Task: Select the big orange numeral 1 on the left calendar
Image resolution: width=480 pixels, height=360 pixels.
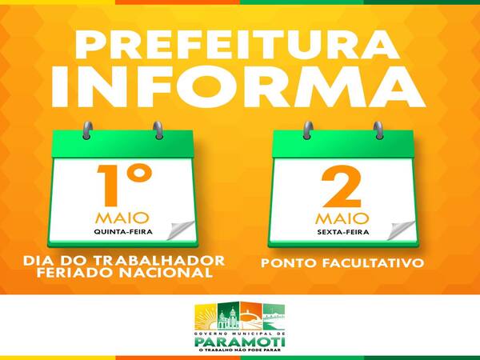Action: click(108, 186)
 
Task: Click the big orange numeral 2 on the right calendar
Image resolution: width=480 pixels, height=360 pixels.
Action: click(341, 186)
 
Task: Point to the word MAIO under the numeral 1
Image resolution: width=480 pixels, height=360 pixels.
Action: click(122, 218)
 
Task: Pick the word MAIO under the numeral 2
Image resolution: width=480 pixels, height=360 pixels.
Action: click(342, 218)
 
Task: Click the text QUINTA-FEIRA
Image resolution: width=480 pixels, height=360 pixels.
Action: click(123, 232)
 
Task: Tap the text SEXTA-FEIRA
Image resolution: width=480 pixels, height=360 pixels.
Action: click(343, 232)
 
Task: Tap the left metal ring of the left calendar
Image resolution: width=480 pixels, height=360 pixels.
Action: click(87, 130)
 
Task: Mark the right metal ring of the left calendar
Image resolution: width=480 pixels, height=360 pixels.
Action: click(158, 130)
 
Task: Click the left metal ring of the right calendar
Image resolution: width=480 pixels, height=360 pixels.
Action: click(308, 130)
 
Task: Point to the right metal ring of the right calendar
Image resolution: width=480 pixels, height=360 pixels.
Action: click(378, 130)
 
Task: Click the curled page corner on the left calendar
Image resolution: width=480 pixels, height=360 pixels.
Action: click(181, 230)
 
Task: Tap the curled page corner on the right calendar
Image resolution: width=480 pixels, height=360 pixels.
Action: click(401, 230)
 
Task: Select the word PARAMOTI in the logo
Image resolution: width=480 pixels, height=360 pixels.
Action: click(240, 342)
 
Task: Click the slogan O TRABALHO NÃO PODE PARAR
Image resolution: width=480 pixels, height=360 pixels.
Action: click(240, 350)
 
